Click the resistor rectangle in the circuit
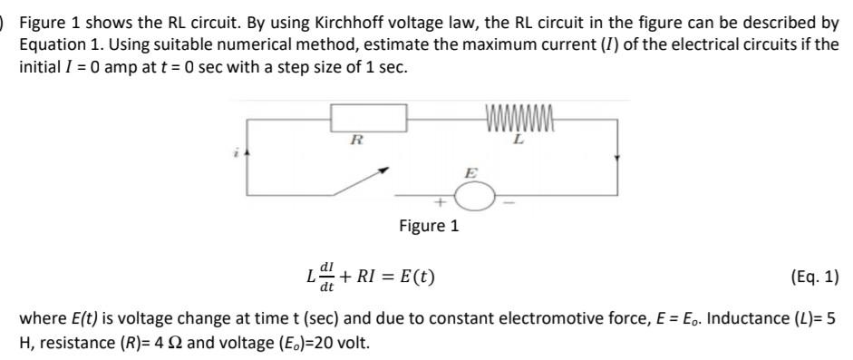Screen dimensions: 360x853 367,119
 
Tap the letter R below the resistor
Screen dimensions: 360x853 357,140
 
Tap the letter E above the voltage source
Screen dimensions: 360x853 470,171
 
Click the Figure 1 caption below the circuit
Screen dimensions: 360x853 429,226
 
